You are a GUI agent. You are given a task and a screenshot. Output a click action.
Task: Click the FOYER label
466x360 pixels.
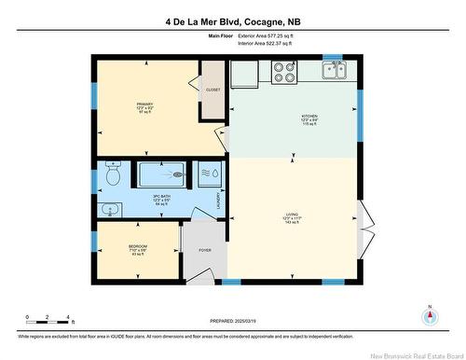coord(204,250)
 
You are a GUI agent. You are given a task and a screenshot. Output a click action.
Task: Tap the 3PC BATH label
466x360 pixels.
coord(160,199)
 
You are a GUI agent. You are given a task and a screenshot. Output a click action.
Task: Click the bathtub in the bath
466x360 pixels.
coord(164,174)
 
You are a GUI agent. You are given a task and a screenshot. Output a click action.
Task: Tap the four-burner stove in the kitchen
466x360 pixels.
coord(283,71)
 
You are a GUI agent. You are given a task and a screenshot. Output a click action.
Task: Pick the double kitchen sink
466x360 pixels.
coord(334,68)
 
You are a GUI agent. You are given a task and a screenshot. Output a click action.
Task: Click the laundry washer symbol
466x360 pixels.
coord(211,174)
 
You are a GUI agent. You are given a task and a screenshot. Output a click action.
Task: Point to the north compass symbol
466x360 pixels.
coord(429,315)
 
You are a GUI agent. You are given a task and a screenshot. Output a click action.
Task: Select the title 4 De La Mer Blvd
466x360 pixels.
coord(233,21)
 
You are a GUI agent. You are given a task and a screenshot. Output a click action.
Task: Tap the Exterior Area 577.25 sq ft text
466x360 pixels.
coord(278,35)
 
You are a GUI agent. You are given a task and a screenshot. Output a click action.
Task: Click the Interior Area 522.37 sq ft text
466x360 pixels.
coord(278,43)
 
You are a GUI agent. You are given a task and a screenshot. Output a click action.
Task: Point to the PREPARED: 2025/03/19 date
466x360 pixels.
coord(233,320)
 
